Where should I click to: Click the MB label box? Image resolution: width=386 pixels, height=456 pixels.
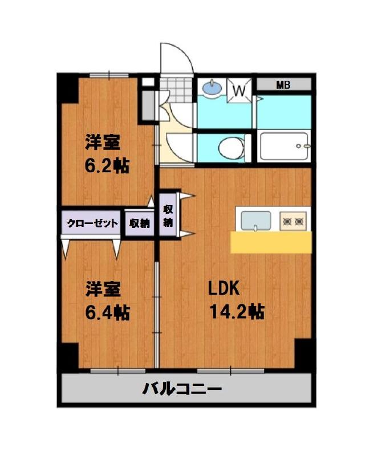(x=283, y=85)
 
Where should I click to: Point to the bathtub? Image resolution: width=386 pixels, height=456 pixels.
(x=284, y=147)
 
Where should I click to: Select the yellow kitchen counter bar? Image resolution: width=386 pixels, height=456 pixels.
(x=271, y=242)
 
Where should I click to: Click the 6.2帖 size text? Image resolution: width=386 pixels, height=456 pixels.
(x=107, y=165)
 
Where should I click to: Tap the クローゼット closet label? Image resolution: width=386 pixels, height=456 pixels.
(x=92, y=223)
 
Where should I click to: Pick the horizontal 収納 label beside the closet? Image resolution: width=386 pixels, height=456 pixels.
(x=139, y=223)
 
